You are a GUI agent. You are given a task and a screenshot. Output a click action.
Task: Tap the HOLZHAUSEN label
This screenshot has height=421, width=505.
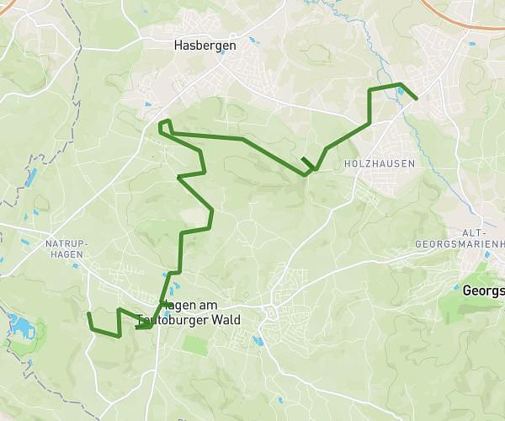[380, 163]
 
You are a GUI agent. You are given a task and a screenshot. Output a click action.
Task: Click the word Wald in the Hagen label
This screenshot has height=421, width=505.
[223, 321]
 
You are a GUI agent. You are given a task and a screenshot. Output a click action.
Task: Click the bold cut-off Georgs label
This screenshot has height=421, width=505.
[483, 290]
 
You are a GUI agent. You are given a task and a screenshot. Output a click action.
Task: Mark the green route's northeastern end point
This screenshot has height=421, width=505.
[417, 99]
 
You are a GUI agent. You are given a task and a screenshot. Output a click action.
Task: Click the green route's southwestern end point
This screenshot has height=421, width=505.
[88, 313]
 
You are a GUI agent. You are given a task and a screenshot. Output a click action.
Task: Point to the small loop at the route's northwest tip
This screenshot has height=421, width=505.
[166, 126]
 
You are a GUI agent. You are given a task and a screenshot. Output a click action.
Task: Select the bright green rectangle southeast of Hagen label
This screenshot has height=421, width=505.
[194, 345]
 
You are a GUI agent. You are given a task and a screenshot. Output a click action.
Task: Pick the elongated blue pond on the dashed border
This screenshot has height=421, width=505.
[32, 177]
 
